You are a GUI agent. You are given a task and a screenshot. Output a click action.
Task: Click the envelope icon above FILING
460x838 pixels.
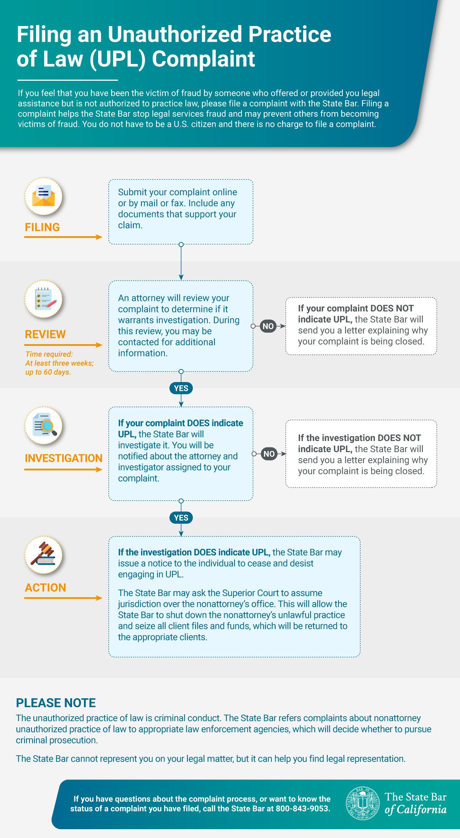[x=43, y=196]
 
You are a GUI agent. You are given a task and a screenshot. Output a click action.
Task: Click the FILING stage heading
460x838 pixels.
[x=42, y=227]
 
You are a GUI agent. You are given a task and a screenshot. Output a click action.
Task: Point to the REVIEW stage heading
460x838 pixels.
[x=45, y=334]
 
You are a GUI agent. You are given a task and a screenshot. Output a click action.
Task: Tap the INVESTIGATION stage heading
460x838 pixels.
[x=64, y=458]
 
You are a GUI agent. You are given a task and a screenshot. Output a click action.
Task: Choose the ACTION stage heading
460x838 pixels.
[x=46, y=588]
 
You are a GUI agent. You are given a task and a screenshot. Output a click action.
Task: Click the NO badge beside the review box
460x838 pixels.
[x=268, y=326]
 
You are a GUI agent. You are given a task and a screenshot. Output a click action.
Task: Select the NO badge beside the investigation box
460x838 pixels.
[x=269, y=454]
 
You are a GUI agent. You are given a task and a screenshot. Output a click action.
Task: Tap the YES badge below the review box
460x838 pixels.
[x=181, y=388]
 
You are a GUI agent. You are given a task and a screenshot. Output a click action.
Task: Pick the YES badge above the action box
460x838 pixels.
[x=181, y=518]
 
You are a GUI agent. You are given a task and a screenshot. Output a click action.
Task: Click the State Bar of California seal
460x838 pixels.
[x=363, y=803]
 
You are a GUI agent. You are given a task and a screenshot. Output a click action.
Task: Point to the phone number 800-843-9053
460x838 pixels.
[x=303, y=809]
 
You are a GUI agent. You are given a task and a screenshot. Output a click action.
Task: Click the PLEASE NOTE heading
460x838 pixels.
[x=56, y=703]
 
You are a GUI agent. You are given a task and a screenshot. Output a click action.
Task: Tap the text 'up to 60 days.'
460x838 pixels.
[x=48, y=372]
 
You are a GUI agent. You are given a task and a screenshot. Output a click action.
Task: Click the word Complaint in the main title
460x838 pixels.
[x=204, y=59]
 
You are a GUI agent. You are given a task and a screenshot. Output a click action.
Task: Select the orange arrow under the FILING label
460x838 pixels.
[x=63, y=237]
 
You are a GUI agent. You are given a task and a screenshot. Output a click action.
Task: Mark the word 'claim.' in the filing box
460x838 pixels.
[x=130, y=225]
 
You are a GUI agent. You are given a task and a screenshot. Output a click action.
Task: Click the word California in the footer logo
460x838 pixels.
[x=422, y=809]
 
